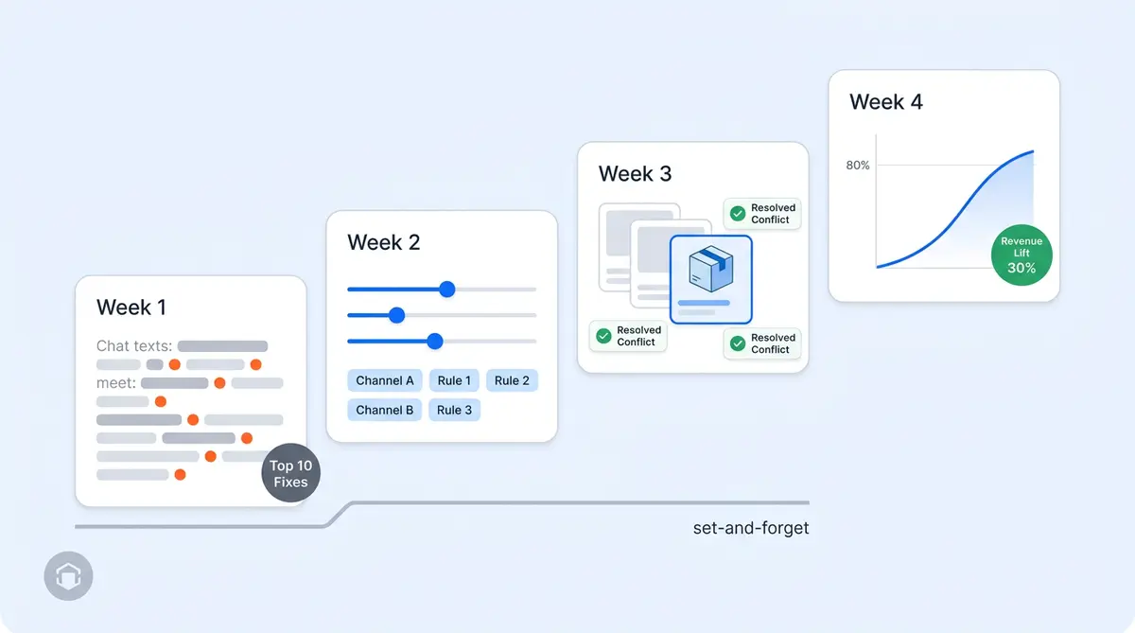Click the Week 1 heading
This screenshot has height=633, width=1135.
point(131,308)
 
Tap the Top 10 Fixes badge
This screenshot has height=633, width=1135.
point(290,473)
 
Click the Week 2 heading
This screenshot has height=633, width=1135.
point(383,242)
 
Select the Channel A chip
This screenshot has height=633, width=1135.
point(384,380)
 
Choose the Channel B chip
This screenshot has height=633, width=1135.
point(384,410)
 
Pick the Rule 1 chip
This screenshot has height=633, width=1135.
point(454,380)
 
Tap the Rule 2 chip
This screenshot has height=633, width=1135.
point(512,380)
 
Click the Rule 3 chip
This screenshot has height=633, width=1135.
point(454,410)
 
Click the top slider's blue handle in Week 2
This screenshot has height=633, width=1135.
point(447,289)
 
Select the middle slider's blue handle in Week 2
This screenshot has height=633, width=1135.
point(397,315)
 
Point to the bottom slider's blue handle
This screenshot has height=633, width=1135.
point(435,341)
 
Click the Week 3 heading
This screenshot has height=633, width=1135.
point(635,174)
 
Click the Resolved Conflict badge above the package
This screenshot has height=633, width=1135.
point(762,214)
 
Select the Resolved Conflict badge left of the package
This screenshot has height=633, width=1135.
point(628,336)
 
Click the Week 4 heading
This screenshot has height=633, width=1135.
point(885,102)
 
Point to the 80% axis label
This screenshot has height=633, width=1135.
point(857,166)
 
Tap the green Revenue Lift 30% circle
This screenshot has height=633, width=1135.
point(1021,255)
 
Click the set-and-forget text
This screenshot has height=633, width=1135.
point(750,528)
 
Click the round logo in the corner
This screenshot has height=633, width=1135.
point(68,576)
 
